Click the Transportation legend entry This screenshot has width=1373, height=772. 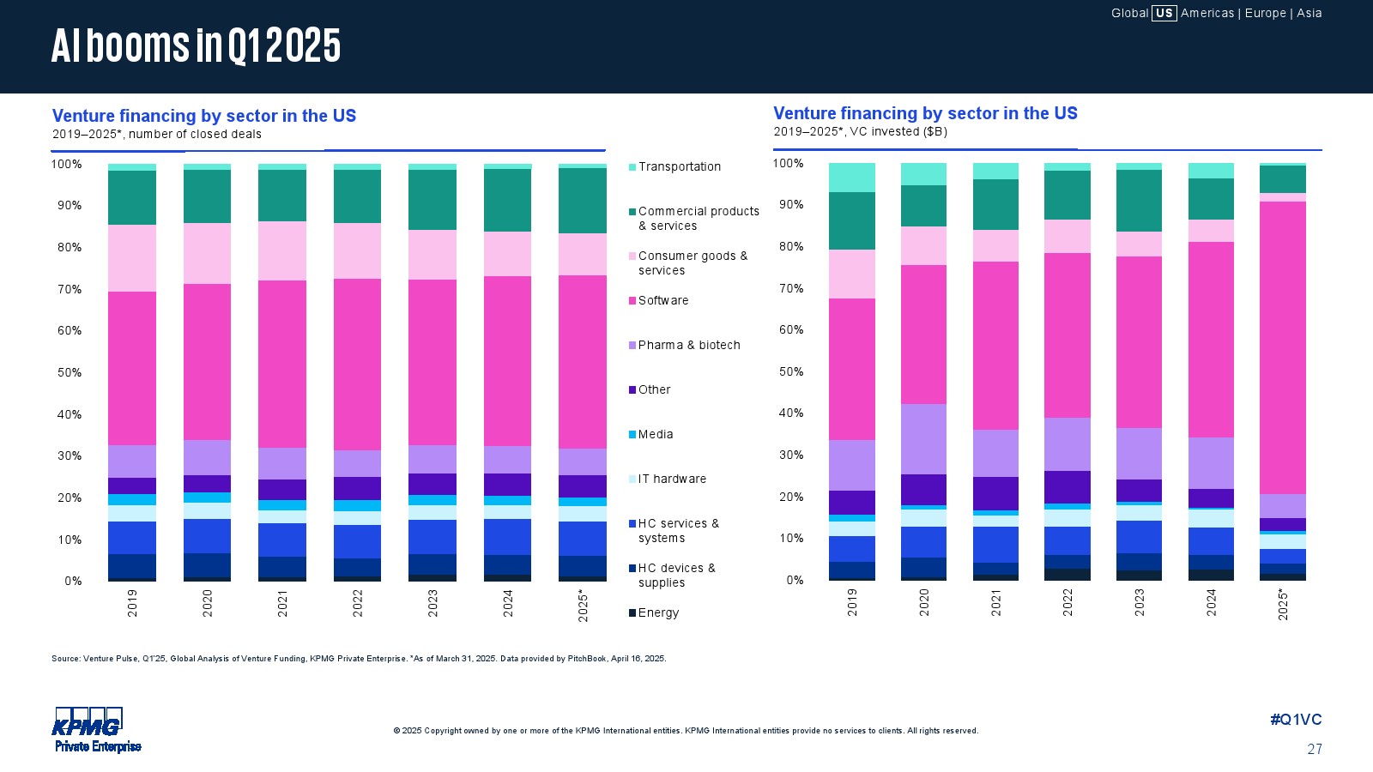point(679,167)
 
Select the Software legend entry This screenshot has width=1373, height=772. point(662,301)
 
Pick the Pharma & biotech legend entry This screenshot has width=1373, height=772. point(688,346)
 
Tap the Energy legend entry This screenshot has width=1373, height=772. point(658,613)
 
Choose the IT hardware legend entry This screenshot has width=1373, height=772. point(672,479)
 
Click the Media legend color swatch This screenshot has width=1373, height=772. point(632,435)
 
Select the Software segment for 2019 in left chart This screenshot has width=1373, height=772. point(132,369)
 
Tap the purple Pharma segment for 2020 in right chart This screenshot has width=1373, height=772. point(923,439)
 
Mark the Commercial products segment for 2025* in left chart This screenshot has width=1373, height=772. point(582,201)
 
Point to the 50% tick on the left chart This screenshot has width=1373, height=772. point(67,373)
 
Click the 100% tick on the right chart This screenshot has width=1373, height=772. point(788,164)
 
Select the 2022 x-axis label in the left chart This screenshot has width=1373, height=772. point(358,603)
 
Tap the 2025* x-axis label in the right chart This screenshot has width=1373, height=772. point(1283,605)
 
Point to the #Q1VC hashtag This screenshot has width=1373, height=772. point(1296,721)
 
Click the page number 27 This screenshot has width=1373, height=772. point(1315,750)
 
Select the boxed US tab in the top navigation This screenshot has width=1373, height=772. point(1164,13)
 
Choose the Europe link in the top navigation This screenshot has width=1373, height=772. point(1265,13)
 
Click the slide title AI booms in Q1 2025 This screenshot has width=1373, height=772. point(196,46)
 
